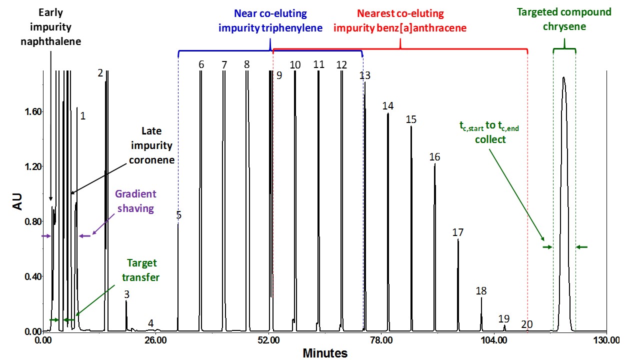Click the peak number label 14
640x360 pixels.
pyautogui.click(x=388, y=106)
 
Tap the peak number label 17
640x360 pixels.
pyautogui.click(x=458, y=232)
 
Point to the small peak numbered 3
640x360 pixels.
pyautogui.click(x=126, y=301)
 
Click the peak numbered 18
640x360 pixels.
pyautogui.click(x=481, y=298)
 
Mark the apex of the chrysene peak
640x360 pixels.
pyautogui.click(x=563, y=77)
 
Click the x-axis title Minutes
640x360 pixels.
pyautogui.click(x=325, y=353)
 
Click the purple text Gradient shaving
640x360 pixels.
pyautogui.click(x=136, y=201)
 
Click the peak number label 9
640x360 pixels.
pyautogui.click(x=279, y=75)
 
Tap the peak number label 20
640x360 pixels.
pyautogui.click(x=526, y=324)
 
